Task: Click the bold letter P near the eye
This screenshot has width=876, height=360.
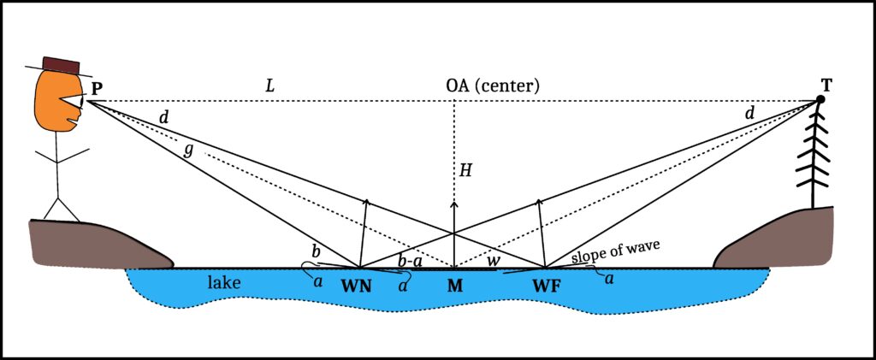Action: point(95,89)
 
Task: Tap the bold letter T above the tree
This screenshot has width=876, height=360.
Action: point(826,85)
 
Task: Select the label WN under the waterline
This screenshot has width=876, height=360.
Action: point(358,286)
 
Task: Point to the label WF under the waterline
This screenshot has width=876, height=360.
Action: point(547,286)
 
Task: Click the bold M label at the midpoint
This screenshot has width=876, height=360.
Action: point(455,286)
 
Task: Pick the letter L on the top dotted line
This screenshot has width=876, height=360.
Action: point(270,86)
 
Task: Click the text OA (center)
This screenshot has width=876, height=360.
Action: point(492,86)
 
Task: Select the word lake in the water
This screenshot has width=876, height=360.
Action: point(224,282)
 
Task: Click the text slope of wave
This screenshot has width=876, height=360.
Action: point(616,254)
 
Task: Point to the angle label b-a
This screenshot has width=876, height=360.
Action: point(410,261)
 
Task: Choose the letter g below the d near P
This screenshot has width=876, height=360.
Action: point(190,152)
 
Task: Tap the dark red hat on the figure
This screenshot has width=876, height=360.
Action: point(61,66)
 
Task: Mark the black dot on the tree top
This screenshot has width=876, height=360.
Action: point(820,99)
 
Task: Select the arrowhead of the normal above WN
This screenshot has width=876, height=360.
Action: point(366,202)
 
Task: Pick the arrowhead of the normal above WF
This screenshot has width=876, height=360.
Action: point(539,202)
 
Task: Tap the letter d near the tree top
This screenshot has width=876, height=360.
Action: point(749,114)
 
